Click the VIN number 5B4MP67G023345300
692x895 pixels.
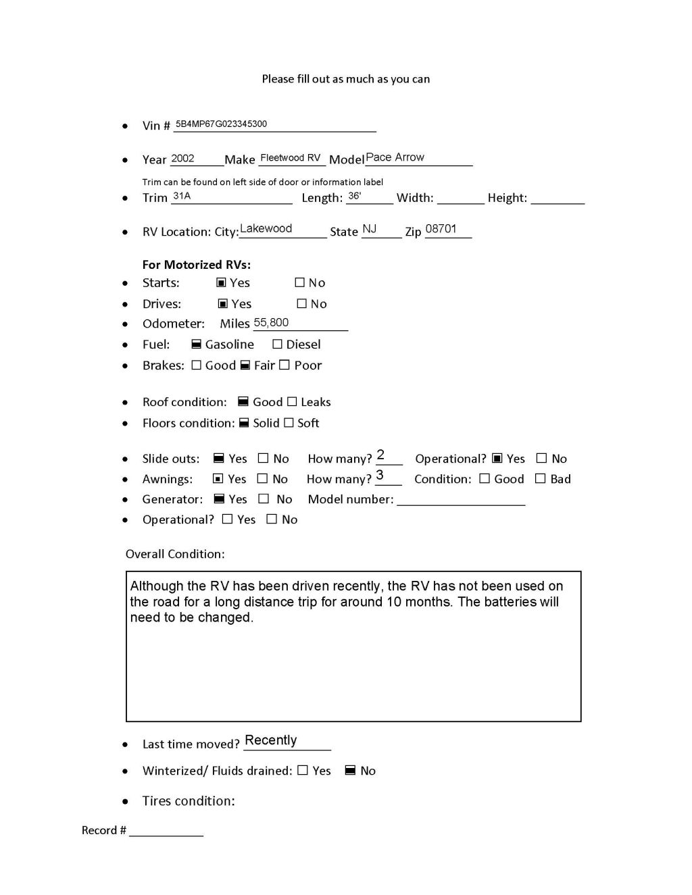pos(221,124)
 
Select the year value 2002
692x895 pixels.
pos(182,159)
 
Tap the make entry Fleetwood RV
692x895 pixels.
pos(291,158)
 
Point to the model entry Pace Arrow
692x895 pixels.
pos(395,157)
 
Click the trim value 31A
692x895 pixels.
pos(182,196)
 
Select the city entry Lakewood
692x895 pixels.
pos(266,229)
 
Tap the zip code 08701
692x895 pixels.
pos(441,229)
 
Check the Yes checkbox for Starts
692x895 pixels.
pos(221,283)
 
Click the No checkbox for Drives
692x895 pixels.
pos(302,304)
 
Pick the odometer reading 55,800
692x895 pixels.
pos(271,323)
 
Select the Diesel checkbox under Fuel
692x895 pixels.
pos(277,344)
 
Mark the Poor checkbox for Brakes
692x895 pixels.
pos(285,365)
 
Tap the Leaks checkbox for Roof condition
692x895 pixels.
pos(292,402)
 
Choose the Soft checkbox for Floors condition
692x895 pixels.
pos(289,423)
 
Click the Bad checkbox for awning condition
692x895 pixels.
pos(540,479)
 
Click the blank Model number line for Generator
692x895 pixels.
pos(461,501)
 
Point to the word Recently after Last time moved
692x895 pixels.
pos(271,740)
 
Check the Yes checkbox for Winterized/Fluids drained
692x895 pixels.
pos(303,771)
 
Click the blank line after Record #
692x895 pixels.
pos(166,832)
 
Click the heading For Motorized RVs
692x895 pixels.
pos(196,265)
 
